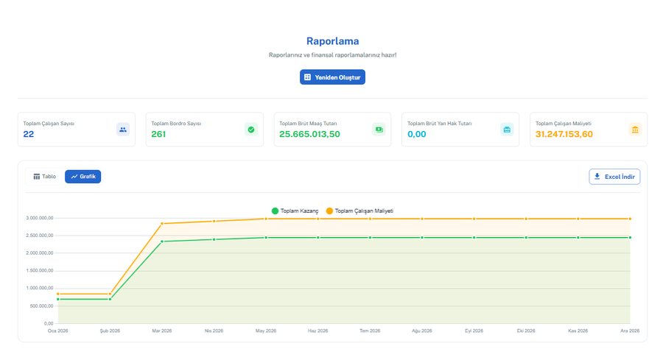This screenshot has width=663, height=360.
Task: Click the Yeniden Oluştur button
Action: click(x=332, y=77)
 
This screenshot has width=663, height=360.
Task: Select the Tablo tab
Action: click(x=45, y=177)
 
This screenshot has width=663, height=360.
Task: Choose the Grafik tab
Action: click(x=83, y=177)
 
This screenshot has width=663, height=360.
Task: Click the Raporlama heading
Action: click(x=332, y=41)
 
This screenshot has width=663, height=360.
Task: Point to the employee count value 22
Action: click(x=28, y=135)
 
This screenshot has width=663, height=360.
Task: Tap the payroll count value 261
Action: click(x=158, y=135)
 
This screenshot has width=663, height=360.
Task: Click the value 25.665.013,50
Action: click(x=309, y=135)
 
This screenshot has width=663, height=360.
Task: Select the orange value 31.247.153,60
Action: click(x=564, y=135)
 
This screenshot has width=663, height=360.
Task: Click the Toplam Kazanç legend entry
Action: click(x=295, y=211)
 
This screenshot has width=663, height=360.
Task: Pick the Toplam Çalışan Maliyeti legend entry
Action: click(x=359, y=211)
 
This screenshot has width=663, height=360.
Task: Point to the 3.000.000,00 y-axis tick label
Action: click(x=40, y=218)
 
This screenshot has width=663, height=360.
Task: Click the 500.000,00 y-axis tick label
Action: click(x=41, y=306)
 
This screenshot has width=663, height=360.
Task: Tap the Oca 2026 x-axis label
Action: click(x=58, y=331)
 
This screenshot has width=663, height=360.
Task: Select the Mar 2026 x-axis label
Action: click(x=162, y=331)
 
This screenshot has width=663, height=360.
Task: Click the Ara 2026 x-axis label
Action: click(x=630, y=331)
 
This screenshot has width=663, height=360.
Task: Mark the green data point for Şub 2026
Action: click(x=110, y=299)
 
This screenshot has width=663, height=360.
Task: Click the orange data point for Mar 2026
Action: click(x=162, y=224)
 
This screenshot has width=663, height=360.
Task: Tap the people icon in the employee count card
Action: click(x=123, y=130)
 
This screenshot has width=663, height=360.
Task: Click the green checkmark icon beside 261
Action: click(x=251, y=130)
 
